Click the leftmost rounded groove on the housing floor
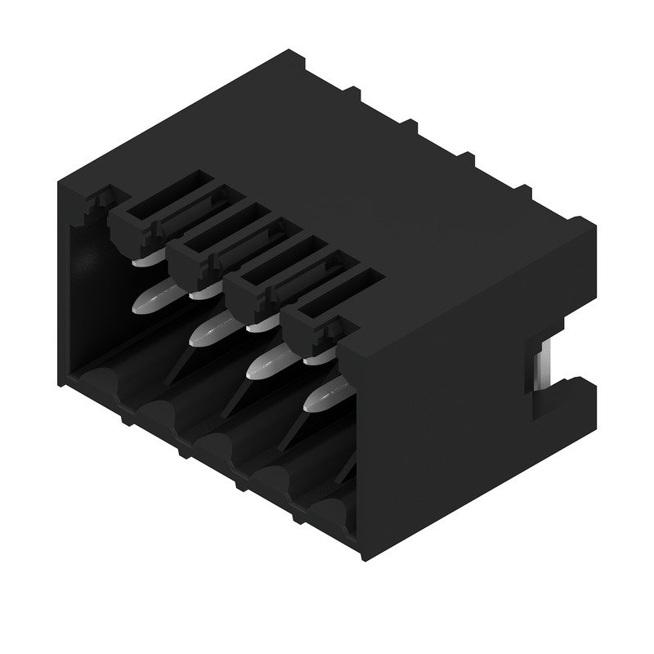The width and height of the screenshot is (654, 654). coord(96,381)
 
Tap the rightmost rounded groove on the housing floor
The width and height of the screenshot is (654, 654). coord(331,510)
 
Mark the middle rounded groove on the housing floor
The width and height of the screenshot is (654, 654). coord(217,446)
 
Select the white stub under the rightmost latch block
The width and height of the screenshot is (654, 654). coord(313,357)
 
